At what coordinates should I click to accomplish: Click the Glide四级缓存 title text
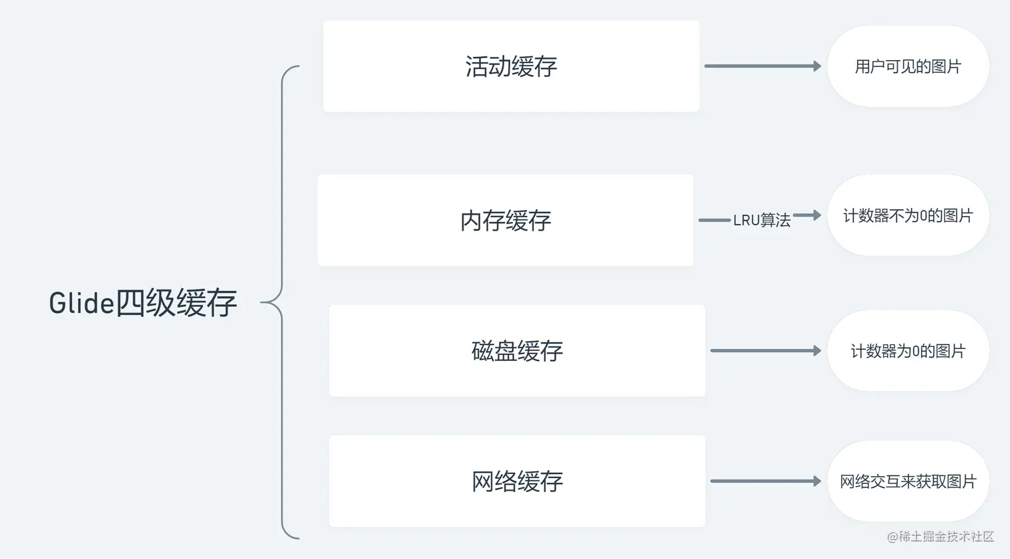[x=143, y=303]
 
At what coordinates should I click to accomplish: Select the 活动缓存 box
[x=511, y=66]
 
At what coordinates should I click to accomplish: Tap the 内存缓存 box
[x=506, y=221]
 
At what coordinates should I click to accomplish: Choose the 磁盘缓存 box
[x=517, y=351]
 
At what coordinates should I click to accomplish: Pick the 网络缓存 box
[x=517, y=481]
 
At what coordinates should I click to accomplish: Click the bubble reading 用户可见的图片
[x=908, y=66]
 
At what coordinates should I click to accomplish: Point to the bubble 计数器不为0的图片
[x=908, y=215]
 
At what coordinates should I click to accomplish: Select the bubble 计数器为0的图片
[x=908, y=351]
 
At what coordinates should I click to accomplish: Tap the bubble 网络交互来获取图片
[x=908, y=481]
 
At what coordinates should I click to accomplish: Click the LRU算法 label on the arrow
[x=762, y=220]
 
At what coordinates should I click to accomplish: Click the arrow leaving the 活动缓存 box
[x=762, y=66]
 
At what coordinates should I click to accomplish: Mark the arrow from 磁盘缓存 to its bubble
[x=764, y=350]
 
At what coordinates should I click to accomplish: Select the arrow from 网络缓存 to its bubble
[x=764, y=481]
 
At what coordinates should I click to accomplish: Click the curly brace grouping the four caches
[x=281, y=302]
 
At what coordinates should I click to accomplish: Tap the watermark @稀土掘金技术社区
[x=941, y=536]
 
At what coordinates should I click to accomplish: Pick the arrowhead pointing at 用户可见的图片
[x=816, y=66]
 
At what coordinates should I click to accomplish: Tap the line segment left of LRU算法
[x=715, y=220]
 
